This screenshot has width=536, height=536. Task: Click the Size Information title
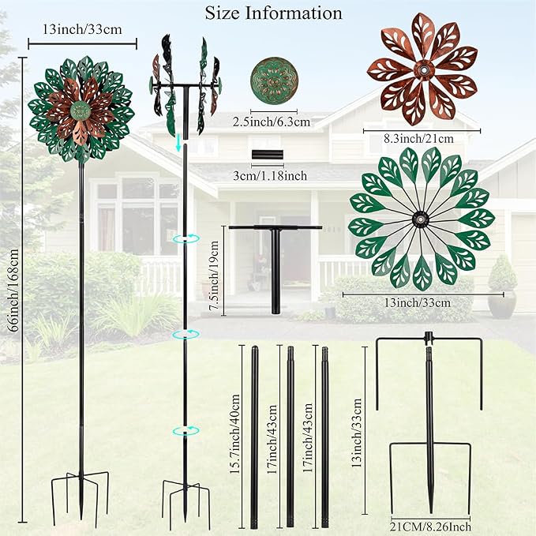pos(273,13)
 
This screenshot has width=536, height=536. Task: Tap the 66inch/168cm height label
pos(13,290)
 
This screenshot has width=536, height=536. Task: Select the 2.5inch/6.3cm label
pos(272,122)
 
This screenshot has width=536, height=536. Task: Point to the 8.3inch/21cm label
pos(418,139)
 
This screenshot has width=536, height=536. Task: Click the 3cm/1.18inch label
pos(270,176)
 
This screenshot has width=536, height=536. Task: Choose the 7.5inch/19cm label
pos(215,275)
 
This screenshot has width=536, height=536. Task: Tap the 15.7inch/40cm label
pos(235,434)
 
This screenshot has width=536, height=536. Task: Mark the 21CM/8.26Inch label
pos(431,527)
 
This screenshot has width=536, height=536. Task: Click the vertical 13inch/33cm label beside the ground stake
pos(357,433)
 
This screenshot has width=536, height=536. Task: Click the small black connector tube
pos(268,155)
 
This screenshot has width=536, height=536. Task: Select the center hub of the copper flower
pos(424,70)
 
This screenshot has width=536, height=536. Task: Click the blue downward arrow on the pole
pos(178,143)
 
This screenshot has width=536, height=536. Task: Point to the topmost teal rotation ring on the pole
pos(186,238)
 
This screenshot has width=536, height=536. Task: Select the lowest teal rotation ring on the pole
pos(186,431)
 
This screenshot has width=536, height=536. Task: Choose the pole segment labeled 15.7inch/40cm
pos(255,437)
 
